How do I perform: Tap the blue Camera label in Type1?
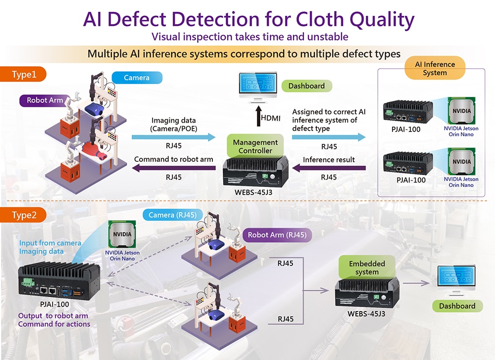click(x=136, y=78)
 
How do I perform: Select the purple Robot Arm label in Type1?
click(x=44, y=100)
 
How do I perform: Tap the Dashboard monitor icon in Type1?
click(x=257, y=86)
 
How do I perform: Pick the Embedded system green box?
click(x=367, y=268)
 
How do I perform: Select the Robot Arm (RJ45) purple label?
click(x=277, y=235)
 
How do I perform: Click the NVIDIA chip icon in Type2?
click(x=122, y=234)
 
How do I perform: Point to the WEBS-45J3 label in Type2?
click(x=367, y=313)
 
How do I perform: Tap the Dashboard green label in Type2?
click(x=457, y=306)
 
